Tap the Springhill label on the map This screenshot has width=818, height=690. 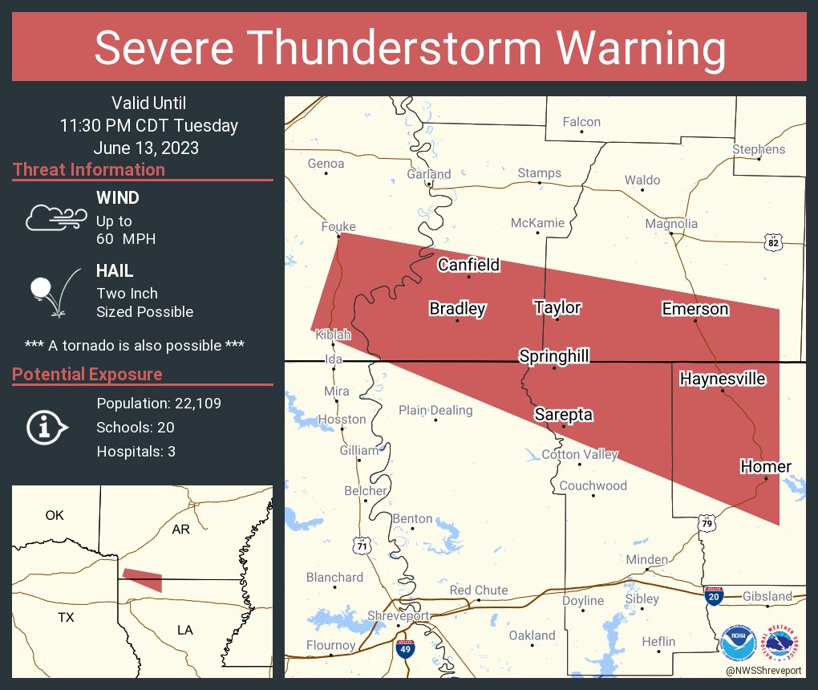554,355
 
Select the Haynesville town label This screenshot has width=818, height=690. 723,379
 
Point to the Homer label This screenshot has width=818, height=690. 765,466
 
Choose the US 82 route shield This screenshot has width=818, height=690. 772,242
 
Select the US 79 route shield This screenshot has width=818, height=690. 706,523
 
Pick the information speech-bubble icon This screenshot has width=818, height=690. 47,428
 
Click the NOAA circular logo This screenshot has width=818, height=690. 737,643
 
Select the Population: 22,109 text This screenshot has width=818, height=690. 159,403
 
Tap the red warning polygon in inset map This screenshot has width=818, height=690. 143,580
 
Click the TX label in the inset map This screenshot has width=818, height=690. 66,617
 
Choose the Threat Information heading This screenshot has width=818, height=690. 89,169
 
